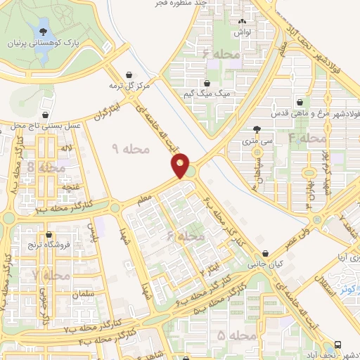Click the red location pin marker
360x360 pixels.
(x=181, y=167)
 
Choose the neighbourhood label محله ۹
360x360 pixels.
(x=131, y=148)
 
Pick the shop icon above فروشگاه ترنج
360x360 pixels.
(x=48, y=236)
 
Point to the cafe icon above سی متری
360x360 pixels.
(x=257, y=129)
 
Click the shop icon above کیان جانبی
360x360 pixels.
(x=265, y=255)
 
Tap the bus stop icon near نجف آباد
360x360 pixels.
(x=339, y=344)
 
